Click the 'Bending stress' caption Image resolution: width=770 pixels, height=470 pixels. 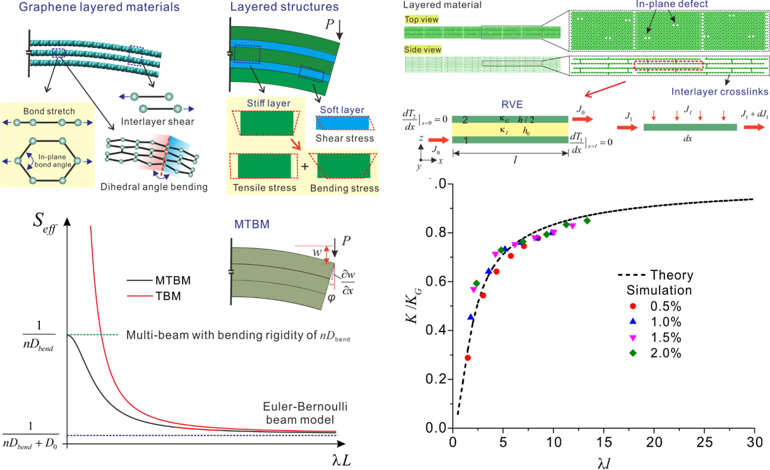[344, 188]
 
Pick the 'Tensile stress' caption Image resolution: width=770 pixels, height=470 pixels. [264, 188]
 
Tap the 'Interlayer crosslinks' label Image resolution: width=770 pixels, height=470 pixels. [727, 92]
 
